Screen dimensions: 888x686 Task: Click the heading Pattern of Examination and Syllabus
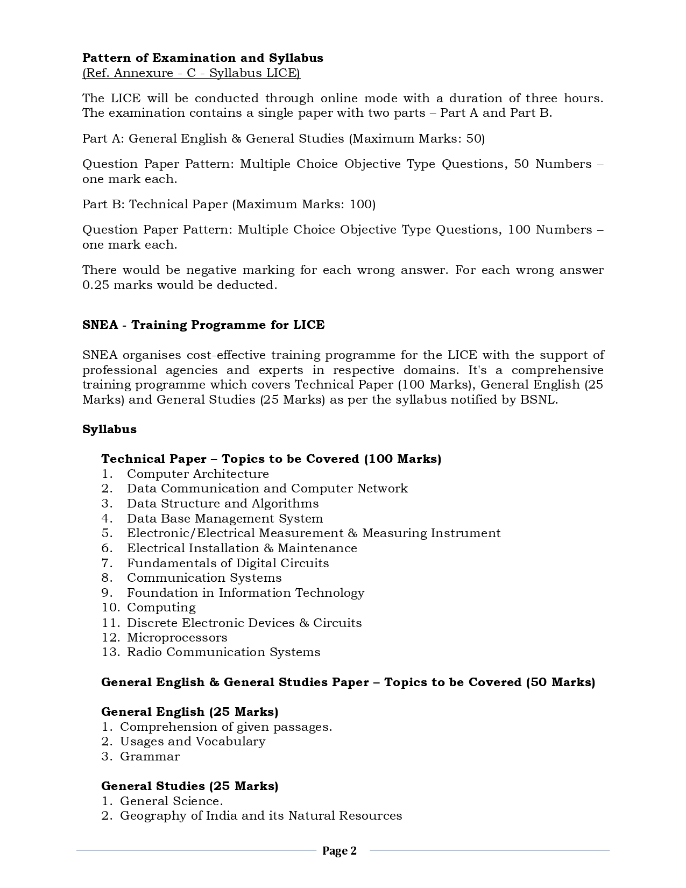click(202, 58)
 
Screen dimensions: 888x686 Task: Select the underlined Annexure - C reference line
click(191, 73)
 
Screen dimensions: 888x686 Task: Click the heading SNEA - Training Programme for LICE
click(203, 325)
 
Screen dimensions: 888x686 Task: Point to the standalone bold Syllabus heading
click(109, 429)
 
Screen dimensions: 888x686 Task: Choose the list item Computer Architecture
click(197, 474)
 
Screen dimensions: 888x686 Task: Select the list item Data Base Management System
click(224, 519)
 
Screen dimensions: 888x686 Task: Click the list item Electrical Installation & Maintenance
click(242, 548)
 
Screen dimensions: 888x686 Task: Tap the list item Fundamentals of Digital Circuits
click(228, 563)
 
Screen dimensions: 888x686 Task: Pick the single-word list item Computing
click(161, 608)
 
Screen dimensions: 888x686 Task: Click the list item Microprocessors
click(176, 638)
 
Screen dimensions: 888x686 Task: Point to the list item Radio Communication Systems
click(223, 652)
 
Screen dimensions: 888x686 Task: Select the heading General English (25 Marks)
click(189, 712)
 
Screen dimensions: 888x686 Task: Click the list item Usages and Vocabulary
click(193, 742)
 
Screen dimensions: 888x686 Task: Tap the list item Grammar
click(150, 757)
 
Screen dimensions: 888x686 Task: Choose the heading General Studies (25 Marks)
click(189, 786)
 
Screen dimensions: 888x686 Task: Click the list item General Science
click(164, 801)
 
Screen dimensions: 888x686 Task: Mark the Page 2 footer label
click(339, 851)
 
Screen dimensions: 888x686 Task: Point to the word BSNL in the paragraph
click(538, 400)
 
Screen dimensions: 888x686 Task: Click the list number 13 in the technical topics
click(110, 652)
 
